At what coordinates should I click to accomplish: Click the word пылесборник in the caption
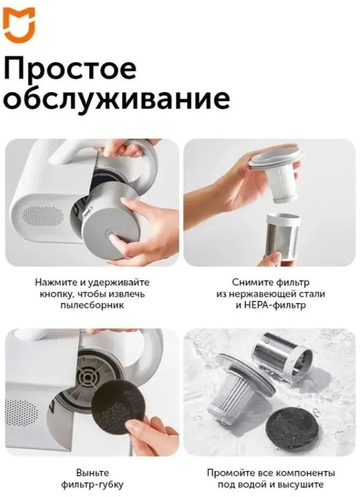[92, 306]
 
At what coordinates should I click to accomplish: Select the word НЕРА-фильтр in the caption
[271, 306]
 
